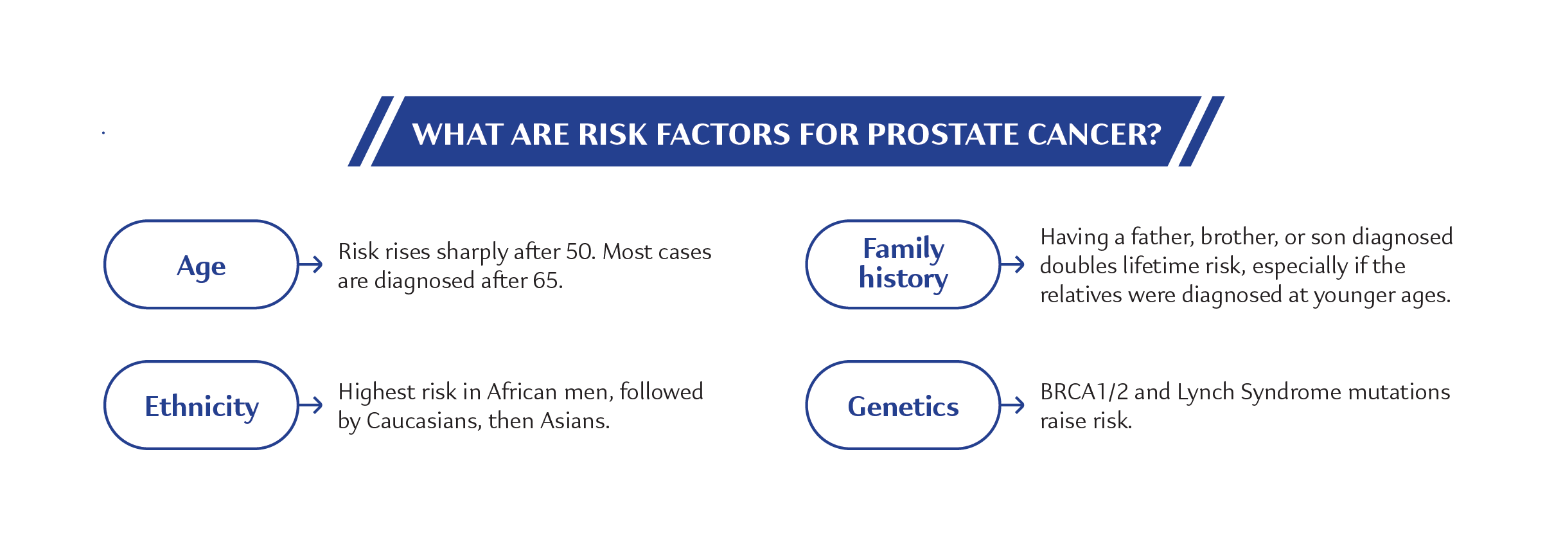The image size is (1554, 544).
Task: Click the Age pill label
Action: click(201, 265)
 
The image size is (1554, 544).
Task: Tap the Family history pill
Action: click(903, 265)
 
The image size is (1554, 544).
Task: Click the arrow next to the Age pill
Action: click(311, 264)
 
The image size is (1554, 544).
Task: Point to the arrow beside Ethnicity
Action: click(311, 404)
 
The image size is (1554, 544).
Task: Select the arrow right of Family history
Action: click(1013, 264)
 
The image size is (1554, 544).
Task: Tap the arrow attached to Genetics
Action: click(1013, 404)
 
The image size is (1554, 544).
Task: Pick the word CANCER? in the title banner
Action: click(1094, 134)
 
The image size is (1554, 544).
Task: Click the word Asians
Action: click(575, 421)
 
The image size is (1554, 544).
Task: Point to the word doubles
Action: click(1078, 266)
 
